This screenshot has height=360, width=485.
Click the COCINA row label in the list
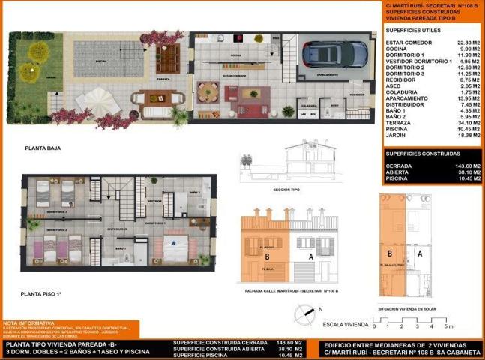click(396, 49)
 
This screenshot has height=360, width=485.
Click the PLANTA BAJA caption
click(43, 148)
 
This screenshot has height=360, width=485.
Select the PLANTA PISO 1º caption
click(42, 295)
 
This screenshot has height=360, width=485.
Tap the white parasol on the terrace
click(97, 97)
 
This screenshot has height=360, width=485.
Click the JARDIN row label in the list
click(395, 136)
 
